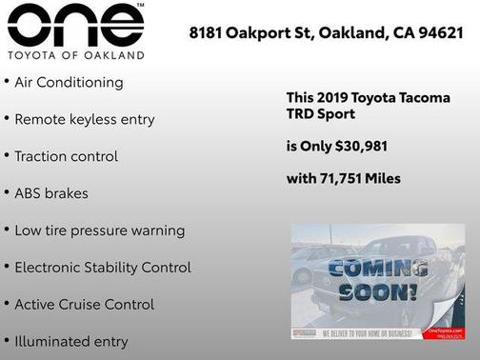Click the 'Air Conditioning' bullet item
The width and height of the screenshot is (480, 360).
point(69,83)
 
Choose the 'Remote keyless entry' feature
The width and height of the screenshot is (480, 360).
point(84,120)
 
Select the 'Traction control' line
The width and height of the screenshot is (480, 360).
point(66,156)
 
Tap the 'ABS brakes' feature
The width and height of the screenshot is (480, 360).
point(51,193)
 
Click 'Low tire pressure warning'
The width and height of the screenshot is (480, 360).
point(99,230)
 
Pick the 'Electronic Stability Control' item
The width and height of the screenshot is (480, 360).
point(102,268)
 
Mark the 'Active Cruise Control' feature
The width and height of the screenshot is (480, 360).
point(84,305)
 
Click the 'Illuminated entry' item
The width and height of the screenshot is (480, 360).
point(70,341)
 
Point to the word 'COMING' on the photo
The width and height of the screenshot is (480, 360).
point(378,269)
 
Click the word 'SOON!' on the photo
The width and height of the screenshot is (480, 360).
point(378,292)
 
